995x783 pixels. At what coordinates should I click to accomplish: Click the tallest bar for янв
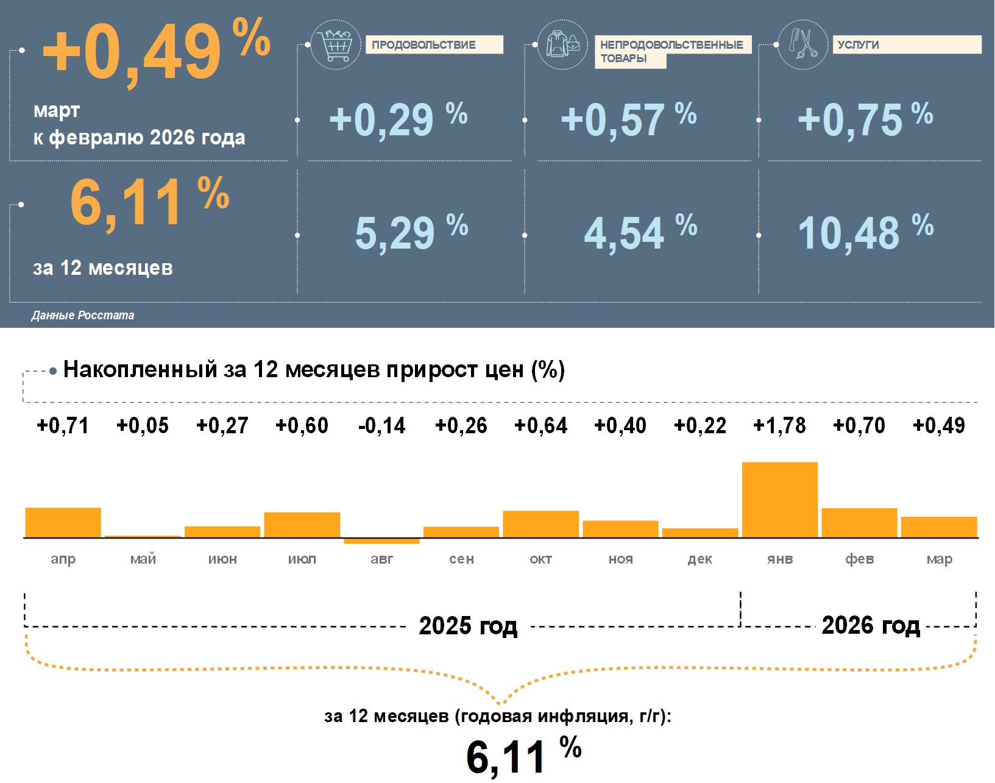pos(779,500)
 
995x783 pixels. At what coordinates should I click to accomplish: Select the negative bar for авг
pos(381,541)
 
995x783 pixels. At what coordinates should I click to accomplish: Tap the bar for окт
pos(540,524)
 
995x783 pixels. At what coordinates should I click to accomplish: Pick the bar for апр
pos(63,522)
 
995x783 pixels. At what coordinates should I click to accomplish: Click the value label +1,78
pos(779,425)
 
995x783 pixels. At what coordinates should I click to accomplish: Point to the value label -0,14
pos(381,425)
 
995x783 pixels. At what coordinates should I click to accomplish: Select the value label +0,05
pos(143,425)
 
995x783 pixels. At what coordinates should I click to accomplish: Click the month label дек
pos(699,559)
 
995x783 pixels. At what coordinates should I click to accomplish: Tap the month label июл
pos(302,559)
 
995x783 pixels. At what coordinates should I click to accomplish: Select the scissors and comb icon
pos(802,44)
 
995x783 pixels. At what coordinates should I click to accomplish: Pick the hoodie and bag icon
pos(562,44)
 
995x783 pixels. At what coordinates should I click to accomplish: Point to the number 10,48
pos(848,233)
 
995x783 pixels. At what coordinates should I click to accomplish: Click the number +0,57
pos(612,119)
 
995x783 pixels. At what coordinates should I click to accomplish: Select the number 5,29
pos(395,233)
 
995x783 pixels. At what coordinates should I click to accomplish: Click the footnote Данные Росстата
pos(83,315)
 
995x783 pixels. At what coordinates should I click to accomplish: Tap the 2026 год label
pos(870,625)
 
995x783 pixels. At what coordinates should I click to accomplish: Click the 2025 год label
pos(468,626)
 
